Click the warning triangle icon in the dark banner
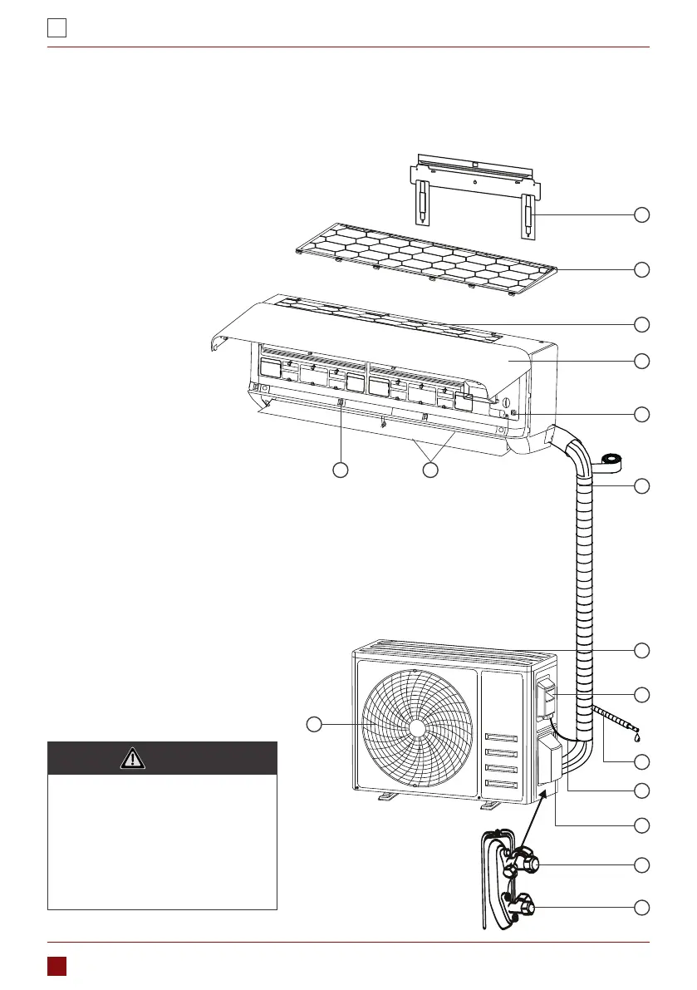click(x=133, y=758)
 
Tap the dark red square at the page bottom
click(x=56, y=965)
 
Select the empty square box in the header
click(x=56, y=28)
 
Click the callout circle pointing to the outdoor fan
click(x=313, y=725)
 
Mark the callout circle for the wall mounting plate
click(x=641, y=215)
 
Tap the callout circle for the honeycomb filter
click(x=641, y=269)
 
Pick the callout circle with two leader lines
click(x=429, y=470)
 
